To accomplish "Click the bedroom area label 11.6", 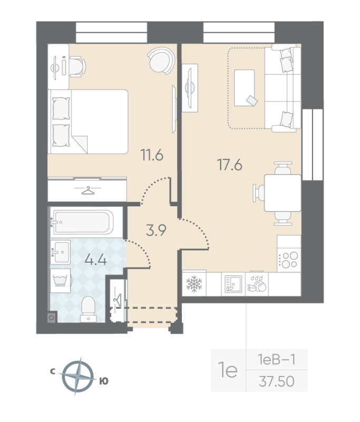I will click(x=151, y=155).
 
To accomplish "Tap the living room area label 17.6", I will click(x=230, y=165).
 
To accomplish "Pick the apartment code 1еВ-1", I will click(x=276, y=360).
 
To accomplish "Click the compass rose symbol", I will click(x=78, y=376).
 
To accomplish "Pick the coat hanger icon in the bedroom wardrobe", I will click(x=87, y=190).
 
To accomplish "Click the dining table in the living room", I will click(x=282, y=193).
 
